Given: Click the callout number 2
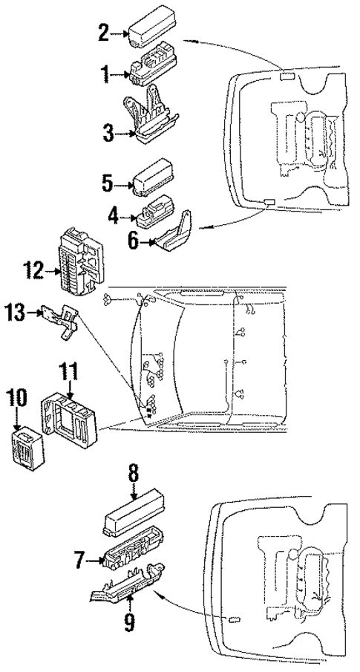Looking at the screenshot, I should pos(104,31).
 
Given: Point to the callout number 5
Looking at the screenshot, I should pos(108,183).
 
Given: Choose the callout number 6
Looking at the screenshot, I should pos(134,242).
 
